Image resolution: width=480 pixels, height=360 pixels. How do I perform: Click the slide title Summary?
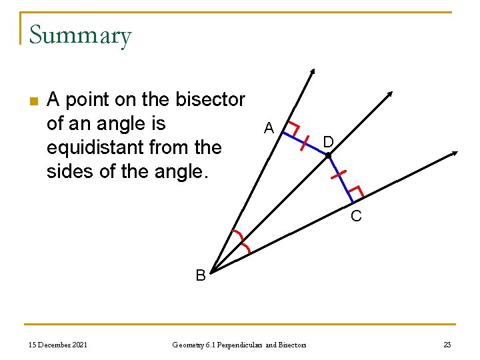click(x=80, y=35)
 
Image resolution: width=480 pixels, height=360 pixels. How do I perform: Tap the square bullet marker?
click(x=34, y=101)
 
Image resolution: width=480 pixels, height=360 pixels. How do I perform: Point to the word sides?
click(x=70, y=171)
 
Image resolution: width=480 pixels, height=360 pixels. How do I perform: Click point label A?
click(x=269, y=127)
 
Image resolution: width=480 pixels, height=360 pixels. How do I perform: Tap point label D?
click(x=328, y=141)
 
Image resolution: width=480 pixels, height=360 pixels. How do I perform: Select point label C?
click(x=357, y=216)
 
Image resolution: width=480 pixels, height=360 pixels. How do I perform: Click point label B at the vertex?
click(x=200, y=275)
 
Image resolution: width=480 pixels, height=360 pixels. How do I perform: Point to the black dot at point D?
click(x=328, y=156)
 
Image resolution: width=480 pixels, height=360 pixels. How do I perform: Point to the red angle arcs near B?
click(x=241, y=241)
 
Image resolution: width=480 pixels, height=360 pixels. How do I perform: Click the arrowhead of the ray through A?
click(x=313, y=71)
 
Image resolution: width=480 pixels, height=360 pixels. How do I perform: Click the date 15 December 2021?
click(x=57, y=344)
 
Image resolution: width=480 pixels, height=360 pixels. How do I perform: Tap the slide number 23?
click(x=447, y=344)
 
